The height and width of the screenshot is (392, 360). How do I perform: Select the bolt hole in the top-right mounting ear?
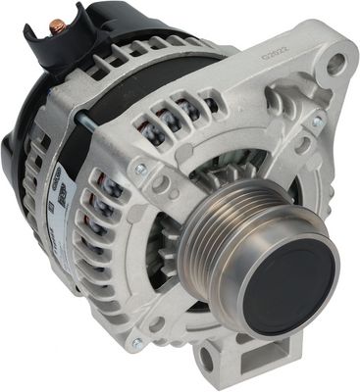(336, 67)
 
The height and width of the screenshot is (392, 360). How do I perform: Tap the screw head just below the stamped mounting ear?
(317, 122)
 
